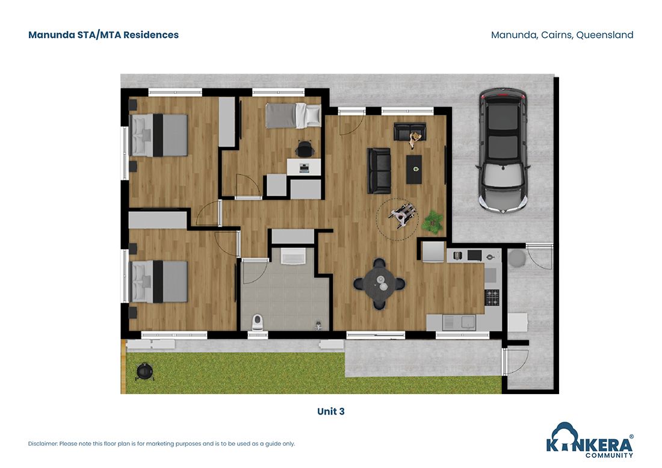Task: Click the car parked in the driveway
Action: coord(502,150)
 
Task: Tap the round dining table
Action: coord(379,283)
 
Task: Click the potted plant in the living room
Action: coord(432,221)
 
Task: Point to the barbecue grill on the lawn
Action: coord(144,372)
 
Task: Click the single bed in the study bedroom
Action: coord(294,115)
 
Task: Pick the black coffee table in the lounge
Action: coord(413,169)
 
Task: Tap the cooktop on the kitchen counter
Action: coord(492,296)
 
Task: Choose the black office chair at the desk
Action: coord(305,147)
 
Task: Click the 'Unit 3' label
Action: coord(331,411)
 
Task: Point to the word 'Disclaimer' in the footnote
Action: coord(43,444)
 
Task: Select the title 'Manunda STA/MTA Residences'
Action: coord(104,35)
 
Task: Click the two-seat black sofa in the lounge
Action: coord(380,170)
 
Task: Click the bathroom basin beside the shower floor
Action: coord(293,257)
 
